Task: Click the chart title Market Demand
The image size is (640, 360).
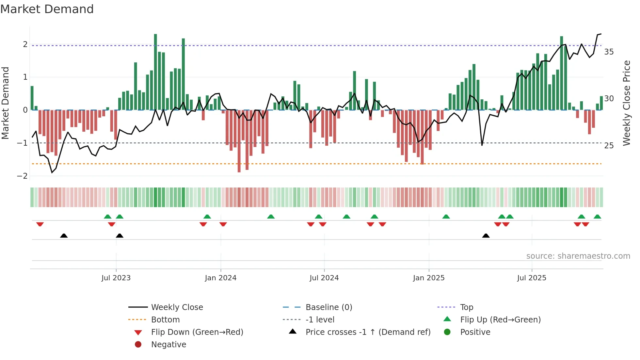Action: (x=47, y=9)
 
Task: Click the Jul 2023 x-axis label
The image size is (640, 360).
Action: (x=116, y=278)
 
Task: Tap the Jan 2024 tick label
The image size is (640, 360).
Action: (x=220, y=278)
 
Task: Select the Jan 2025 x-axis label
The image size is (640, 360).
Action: (x=428, y=278)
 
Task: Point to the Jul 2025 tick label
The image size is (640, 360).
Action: (x=532, y=278)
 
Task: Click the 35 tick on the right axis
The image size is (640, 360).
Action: (x=609, y=52)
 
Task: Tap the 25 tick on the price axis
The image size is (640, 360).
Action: (x=609, y=146)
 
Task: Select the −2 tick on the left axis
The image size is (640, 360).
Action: (x=22, y=176)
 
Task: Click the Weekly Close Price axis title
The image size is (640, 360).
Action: (x=626, y=103)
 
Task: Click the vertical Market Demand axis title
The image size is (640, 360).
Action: (x=5, y=103)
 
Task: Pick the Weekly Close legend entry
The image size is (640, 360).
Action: (x=177, y=307)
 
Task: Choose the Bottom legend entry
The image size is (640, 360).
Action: (x=165, y=320)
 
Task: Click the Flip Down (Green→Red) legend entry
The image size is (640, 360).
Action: (x=197, y=332)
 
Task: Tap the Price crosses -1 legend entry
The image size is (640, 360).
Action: (x=368, y=332)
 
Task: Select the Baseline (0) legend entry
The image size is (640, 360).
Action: (x=328, y=307)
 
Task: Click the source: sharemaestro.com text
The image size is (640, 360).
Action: (x=578, y=256)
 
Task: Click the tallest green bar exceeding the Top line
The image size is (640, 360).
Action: (x=155, y=72)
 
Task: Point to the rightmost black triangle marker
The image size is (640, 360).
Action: (x=486, y=236)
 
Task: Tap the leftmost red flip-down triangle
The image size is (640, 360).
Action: (x=40, y=224)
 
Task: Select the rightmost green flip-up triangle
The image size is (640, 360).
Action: (x=597, y=217)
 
